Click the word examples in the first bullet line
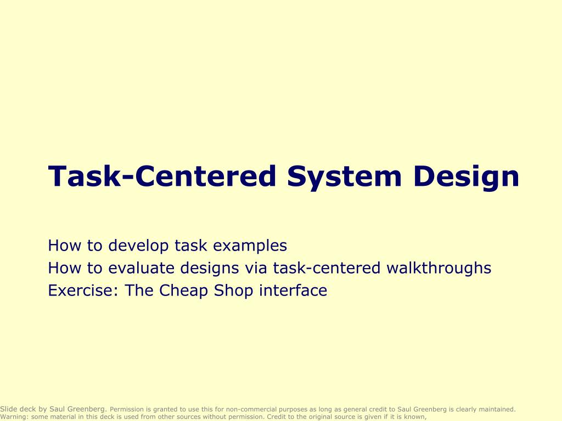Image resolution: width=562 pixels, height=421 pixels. [250, 246]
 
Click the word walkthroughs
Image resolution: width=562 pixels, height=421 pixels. [439, 268]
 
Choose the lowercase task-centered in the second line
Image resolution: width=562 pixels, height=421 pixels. [327, 268]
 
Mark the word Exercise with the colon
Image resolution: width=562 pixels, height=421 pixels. [84, 291]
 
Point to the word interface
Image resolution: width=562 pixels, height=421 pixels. [293, 291]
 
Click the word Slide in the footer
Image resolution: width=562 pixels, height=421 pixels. [9, 409]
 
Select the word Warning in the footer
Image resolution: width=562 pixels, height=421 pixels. [14, 417]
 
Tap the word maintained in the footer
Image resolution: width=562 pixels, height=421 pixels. [497, 409]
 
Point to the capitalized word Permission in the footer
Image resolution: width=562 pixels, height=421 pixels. [127, 409]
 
